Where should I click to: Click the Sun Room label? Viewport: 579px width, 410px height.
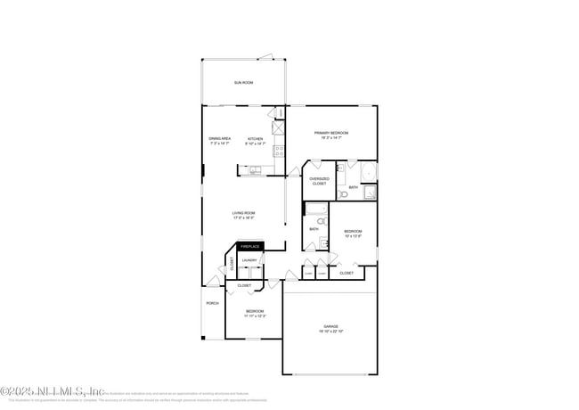pos(243,83)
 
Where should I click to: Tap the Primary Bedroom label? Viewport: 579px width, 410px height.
pos(330,135)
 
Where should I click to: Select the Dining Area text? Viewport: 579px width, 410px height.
pos(220,140)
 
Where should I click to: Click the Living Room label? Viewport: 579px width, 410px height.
pos(244,215)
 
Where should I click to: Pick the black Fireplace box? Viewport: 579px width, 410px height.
pos(249,246)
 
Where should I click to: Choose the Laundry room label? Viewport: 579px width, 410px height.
pos(249,260)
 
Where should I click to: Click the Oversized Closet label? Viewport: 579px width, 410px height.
pos(319,181)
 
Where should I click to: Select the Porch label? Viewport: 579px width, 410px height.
pos(212,303)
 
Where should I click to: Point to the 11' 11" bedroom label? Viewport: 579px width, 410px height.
pos(255,313)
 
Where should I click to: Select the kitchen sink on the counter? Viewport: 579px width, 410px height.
pos(255,168)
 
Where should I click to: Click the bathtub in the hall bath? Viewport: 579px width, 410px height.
pos(316,209)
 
